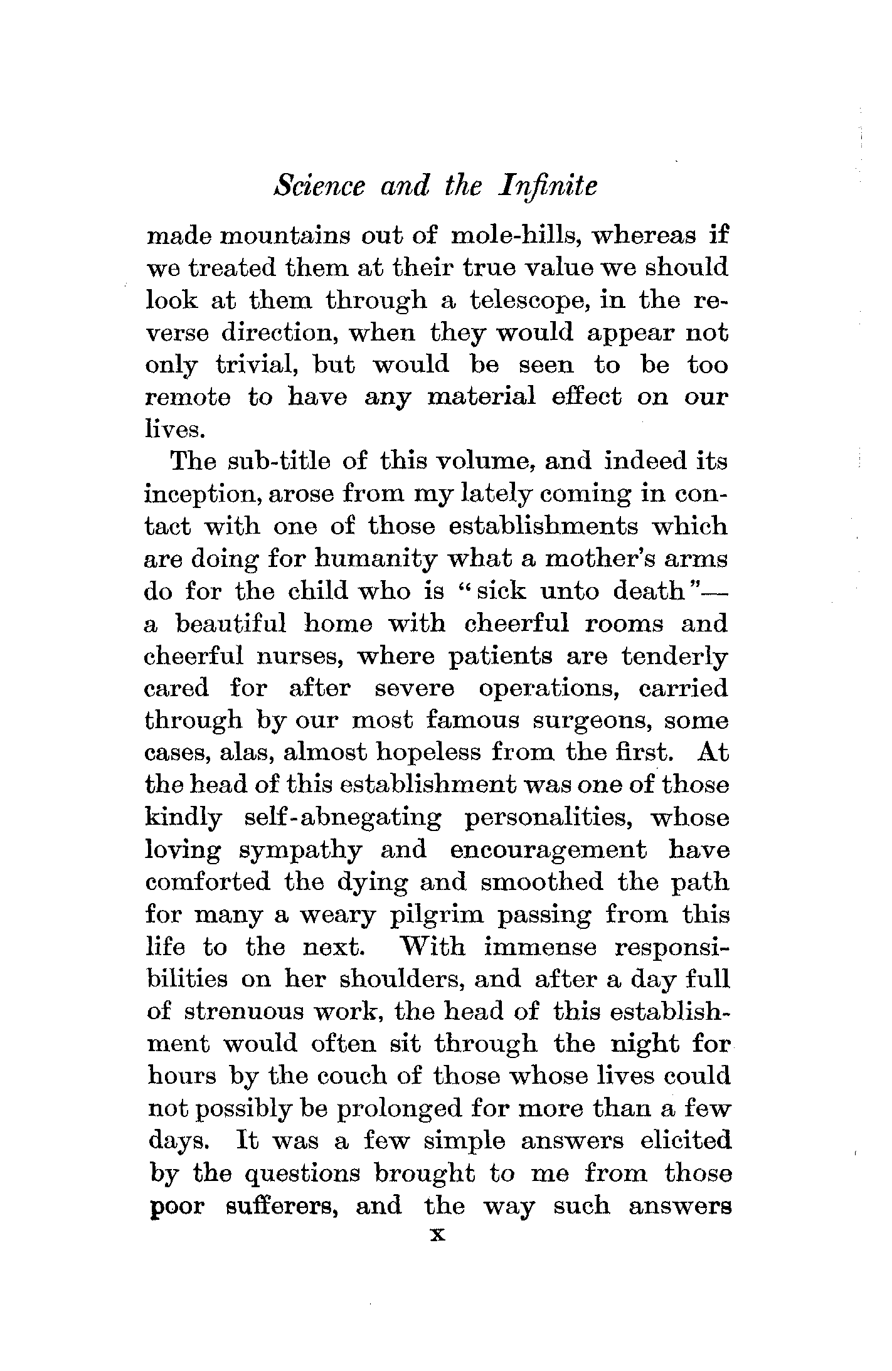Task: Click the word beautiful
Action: point(231,624)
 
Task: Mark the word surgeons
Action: point(593,721)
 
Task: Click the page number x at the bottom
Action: point(437,1234)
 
